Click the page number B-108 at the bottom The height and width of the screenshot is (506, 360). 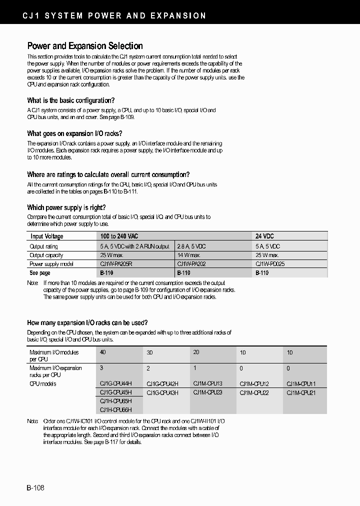coord(35,487)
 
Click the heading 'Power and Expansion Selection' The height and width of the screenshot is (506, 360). coord(84,46)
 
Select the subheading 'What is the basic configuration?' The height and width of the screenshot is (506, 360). coord(70,100)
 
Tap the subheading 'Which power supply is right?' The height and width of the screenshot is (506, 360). coord(66,207)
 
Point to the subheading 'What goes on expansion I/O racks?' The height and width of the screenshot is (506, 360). coord(74,133)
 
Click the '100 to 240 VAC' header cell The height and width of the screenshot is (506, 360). coord(120,236)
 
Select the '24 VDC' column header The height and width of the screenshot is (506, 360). coord(264,236)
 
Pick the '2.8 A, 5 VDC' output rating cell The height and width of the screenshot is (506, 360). coord(191,246)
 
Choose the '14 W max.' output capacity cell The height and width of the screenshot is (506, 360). coord(189,255)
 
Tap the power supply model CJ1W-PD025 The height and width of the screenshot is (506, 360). coord(270,263)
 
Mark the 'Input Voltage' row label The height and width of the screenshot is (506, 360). coord(46,236)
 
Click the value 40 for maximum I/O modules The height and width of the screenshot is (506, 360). coord(103,352)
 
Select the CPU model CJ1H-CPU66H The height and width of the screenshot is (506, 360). coord(115,410)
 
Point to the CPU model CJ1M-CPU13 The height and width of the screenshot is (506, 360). coord(207,383)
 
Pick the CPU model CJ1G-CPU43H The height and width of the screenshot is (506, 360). coord(162,392)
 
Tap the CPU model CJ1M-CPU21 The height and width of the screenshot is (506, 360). coord(301,392)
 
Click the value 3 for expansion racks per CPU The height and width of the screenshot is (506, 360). coord(101,368)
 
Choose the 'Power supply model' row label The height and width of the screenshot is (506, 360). coord(51,263)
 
